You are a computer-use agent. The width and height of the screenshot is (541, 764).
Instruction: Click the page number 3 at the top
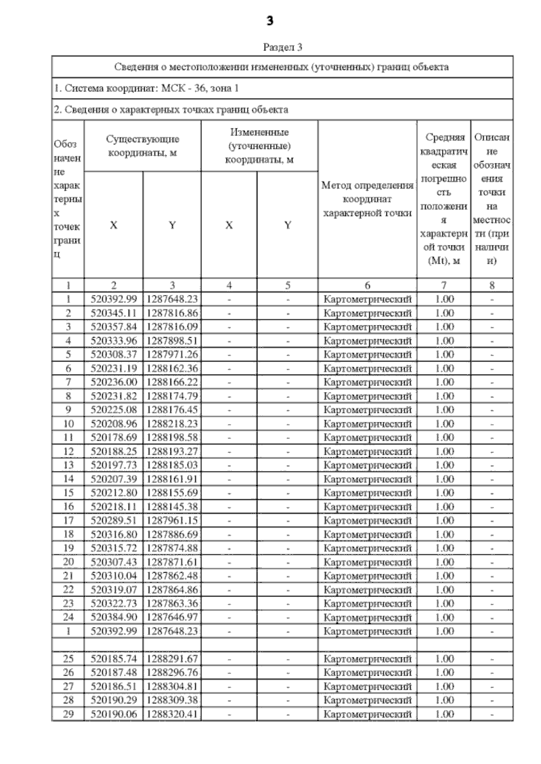[x=270, y=21]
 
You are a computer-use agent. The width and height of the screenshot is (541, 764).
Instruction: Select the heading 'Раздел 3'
[x=283, y=47]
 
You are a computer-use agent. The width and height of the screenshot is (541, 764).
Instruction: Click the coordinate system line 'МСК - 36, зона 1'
[x=147, y=88]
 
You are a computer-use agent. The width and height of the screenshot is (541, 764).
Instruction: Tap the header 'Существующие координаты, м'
[x=142, y=146]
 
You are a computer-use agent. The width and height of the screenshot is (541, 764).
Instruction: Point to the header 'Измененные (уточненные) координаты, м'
[x=259, y=146]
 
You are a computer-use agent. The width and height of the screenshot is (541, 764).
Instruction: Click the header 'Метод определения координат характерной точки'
[x=367, y=199]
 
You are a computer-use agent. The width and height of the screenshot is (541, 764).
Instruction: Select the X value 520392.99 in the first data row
[x=114, y=299]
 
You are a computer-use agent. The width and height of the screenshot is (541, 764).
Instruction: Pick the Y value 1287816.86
[x=172, y=313]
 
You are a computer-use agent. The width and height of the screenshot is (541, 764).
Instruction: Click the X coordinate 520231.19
[x=114, y=368]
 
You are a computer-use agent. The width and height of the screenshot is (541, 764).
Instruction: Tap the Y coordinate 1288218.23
[x=172, y=424]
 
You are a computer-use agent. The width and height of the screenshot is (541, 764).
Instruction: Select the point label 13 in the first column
[x=69, y=465]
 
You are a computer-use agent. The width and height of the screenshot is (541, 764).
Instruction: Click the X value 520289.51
[x=114, y=520]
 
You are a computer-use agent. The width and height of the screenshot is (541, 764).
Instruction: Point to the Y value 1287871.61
[x=172, y=562]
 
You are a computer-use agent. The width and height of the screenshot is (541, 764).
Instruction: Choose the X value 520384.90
[x=114, y=617]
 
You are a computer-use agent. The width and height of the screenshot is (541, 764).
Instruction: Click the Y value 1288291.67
[x=172, y=659]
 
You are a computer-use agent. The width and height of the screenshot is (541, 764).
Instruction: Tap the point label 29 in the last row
[x=69, y=714]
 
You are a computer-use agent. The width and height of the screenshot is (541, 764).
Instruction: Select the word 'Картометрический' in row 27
[x=367, y=687]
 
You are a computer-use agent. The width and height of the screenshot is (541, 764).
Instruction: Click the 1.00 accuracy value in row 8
[x=444, y=396]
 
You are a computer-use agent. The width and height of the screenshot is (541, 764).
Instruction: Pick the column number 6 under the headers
[x=367, y=285]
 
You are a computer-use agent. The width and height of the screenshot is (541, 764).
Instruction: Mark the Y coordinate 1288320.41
[x=172, y=714]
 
